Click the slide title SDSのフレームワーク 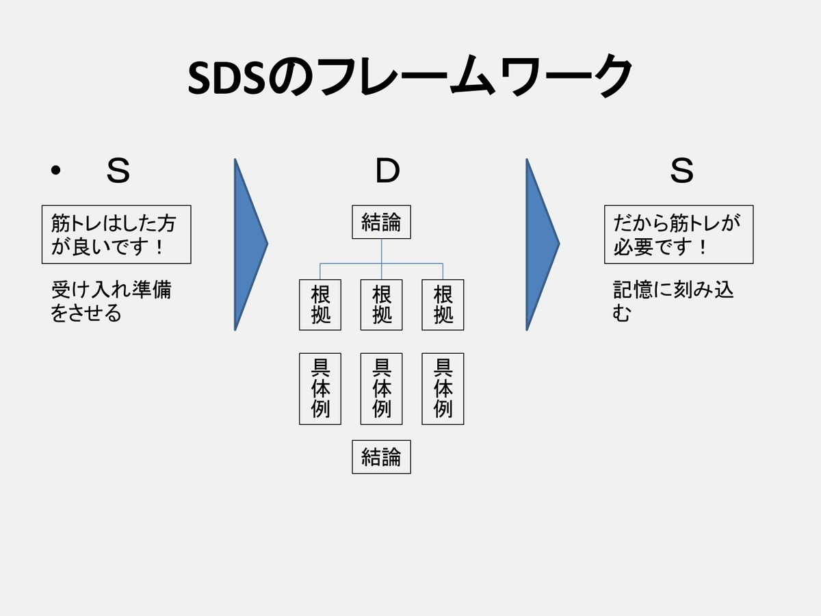pyautogui.click(x=410, y=77)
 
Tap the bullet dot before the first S pyautogui.click(x=55, y=170)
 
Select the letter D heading pyautogui.click(x=387, y=170)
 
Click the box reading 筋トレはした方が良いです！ pyautogui.click(x=116, y=235)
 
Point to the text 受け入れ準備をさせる pyautogui.click(x=111, y=301)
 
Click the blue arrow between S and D pyautogui.click(x=250, y=244)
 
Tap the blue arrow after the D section pyautogui.click(x=543, y=244)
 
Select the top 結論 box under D pyautogui.click(x=381, y=222)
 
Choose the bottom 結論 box pyautogui.click(x=381, y=457)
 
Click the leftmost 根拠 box pyautogui.click(x=320, y=305)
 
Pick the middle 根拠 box pyautogui.click(x=381, y=305)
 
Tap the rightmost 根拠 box pyautogui.click(x=443, y=305)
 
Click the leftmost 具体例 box pyautogui.click(x=320, y=389)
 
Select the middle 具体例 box pyautogui.click(x=381, y=389)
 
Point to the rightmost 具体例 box pyautogui.click(x=443, y=389)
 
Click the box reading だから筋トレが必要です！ pyautogui.click(x=679, y=235)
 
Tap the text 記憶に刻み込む pyautogui.click(x=673, y=301)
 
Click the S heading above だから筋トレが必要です pyautogui.click(x=682, y=170)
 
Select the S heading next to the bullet pyautogui.click(x=118, y=170)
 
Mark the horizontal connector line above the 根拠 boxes pyautogui.click(x=381, y=264)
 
